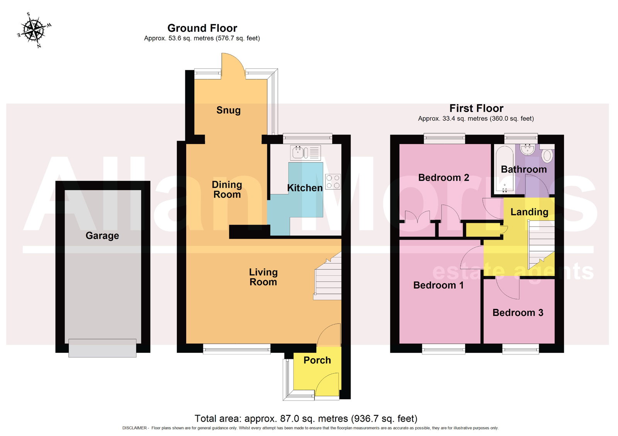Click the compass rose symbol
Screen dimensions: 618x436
[34, 30]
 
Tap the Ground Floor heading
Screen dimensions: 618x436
[202, 28]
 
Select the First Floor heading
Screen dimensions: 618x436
[476, 108]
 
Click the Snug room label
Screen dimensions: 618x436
[228, 110]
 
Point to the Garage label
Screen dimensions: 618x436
[102, 235]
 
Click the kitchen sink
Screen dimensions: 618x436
[306, 152]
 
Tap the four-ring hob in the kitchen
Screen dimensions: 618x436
[333, 182]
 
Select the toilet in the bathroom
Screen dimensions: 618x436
[547, 153]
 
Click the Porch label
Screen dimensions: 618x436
[317, 360]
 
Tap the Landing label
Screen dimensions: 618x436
[529, 212]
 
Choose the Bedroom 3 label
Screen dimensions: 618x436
[518, 313]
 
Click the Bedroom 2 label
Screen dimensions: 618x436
[444, 177]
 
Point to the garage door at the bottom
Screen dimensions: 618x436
[102, 348]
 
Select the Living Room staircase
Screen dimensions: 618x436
[328, 276]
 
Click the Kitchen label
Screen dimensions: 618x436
[305, 188]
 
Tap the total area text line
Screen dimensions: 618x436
[306, 419]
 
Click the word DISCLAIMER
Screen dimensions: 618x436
[135, 428]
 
